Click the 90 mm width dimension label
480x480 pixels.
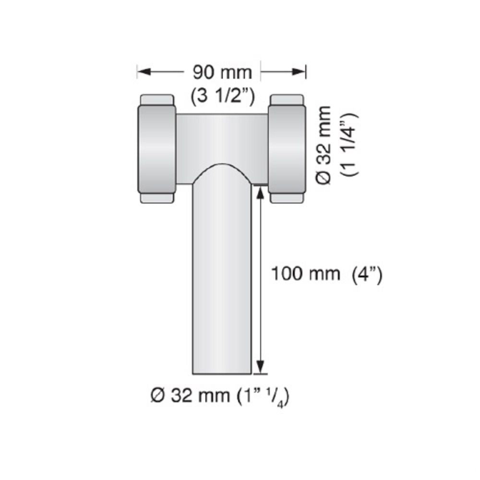[x=222, y=72]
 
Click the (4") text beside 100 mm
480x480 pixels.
[x=367, y=275]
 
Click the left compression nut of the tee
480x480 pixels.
[x=157, y=149]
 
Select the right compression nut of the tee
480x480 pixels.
[x=287, y=149]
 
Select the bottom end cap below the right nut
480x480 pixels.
[x=287, y=198]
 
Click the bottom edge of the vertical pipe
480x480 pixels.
[x=222, y=373]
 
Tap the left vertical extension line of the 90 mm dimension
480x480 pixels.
[x=138, y=72]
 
